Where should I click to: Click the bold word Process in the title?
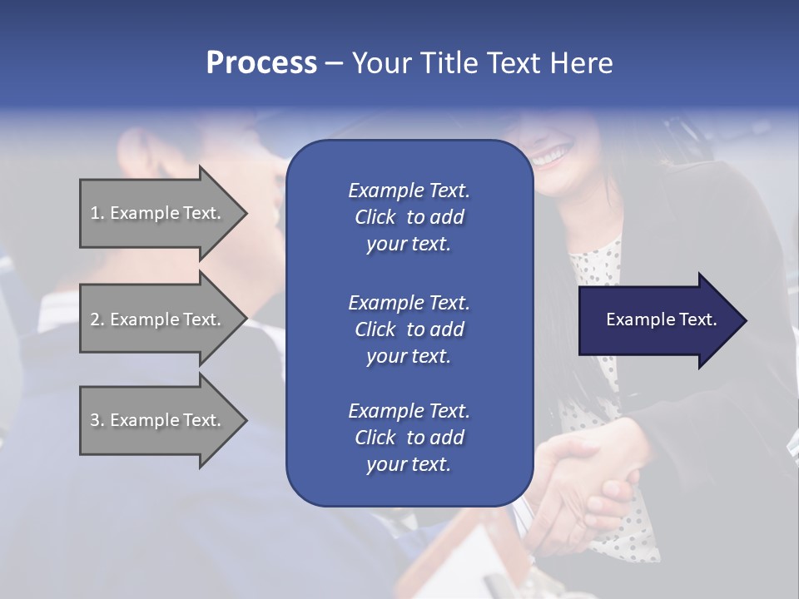(x=261, y=63)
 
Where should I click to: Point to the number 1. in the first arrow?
(x=97, y=213)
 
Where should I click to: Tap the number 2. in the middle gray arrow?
(x=97, y=319)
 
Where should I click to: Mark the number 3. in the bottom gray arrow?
(x=97, y=420)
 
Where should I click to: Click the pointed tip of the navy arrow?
(x=743, y=320)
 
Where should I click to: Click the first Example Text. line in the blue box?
(x=409, y=191)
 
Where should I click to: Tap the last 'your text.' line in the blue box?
(x=409, y=464)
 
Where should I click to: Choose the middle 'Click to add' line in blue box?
(x=409, y=329)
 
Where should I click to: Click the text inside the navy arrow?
(x=662, y=319)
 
